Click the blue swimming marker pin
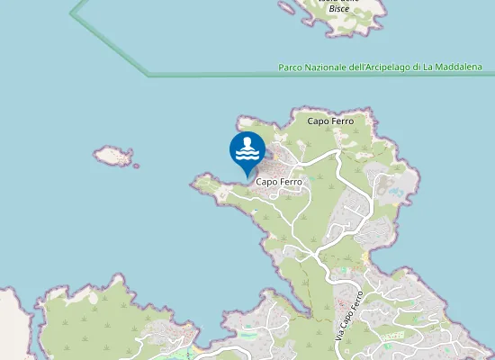pyautogui.click(x=247, y=150)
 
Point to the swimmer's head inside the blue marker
pyautogui.click(x=247, y=141)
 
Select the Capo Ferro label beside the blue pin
pyautogui.click(x=278, y=181)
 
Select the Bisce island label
pyautogui.click(x=339, y=8)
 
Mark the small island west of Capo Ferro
pyautogui.click(x=114, y=156)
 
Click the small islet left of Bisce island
pyautogui.click(x=286, y=8)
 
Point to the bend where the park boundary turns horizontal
pyautogui.click(x=148, y=76)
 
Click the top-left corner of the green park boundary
pyautogui.click(x=71, y=14)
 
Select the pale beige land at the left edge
pyautogui.click(x=11, y=324)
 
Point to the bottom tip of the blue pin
pyautogui.click(x=247, y=175)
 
